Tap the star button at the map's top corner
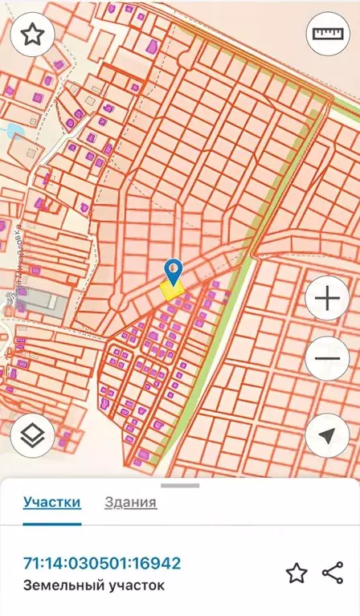pyautogui.click(x=32, y=35)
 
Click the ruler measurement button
pyautogui.click(x=327, y=35)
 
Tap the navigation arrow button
pyautogui.click(x=327, y=434)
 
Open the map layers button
pyautogui.click(x=32, y=434)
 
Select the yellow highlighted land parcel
pyautogui.click(x=172, y=291)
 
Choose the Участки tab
pyautogui.click(x=52, y=503)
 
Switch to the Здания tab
pyautogui.click(x=130, y=503)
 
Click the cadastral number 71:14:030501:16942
pyautogui.click(x=102, y=563)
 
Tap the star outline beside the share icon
pyautogui.click(x=297, y=573)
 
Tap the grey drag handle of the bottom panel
pyautogui.click(x=180, y=485)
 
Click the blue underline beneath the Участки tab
pyautogui.click(x=52, y=523)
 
